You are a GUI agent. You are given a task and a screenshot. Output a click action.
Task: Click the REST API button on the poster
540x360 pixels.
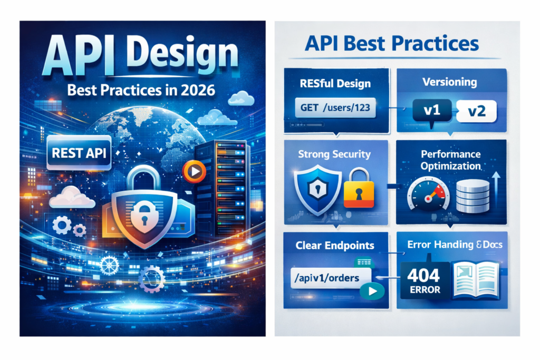[x=79, y=153]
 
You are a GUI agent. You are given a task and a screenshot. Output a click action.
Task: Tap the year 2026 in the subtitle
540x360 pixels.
[x=198, y=90]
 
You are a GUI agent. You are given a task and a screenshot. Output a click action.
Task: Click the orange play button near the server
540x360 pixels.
[x=194, y=171]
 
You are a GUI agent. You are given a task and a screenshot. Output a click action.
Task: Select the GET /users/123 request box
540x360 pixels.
[x=335, y=108]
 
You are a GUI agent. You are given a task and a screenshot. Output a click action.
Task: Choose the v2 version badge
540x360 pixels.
[x=477, y=111]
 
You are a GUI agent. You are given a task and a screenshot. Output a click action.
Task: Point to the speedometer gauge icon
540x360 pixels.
[x=428, y=194]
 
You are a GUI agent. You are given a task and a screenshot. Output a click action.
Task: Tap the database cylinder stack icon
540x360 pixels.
[x=472, y=196]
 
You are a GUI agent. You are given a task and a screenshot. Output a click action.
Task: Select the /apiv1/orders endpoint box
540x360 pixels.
[x=331, y=278]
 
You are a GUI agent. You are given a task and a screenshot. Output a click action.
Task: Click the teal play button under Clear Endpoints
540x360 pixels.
[x=372, y=291]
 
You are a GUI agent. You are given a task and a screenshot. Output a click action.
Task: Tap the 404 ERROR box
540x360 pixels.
[x=425, y=280]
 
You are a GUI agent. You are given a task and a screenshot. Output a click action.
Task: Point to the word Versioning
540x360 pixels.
[x=449, y=82]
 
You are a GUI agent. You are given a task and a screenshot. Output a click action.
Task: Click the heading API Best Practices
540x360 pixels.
[x=392, y=43]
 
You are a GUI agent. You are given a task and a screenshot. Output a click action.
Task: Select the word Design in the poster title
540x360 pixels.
[x=182, y=54]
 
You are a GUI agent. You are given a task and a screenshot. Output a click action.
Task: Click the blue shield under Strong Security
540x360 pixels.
[x=317, y=189]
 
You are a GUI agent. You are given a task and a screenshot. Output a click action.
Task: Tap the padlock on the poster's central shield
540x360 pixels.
[x=144, y=213]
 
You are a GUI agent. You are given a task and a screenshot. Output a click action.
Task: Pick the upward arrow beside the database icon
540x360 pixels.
[x=496, y=189]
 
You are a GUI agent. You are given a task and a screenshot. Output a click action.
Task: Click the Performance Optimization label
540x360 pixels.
[x=450, y=160]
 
